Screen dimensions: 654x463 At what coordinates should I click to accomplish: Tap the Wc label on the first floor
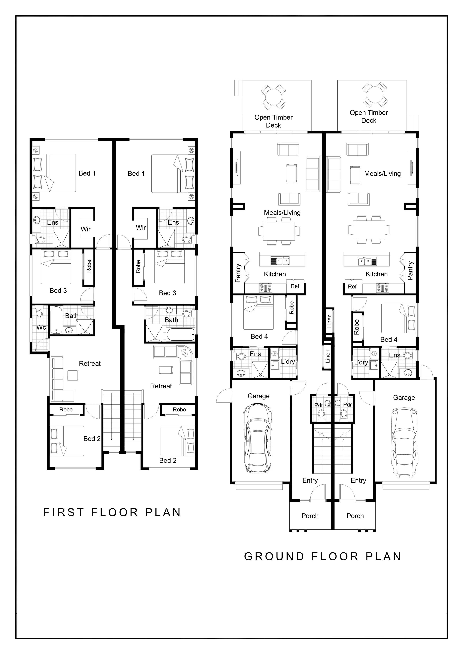(41, 328)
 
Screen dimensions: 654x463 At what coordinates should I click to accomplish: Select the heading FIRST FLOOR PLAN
(112, 513)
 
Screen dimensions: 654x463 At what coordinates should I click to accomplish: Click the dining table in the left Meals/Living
(279, 231)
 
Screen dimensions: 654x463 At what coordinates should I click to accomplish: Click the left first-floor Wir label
(86, 229)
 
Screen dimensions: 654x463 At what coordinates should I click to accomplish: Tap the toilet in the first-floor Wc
(39, 314)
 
